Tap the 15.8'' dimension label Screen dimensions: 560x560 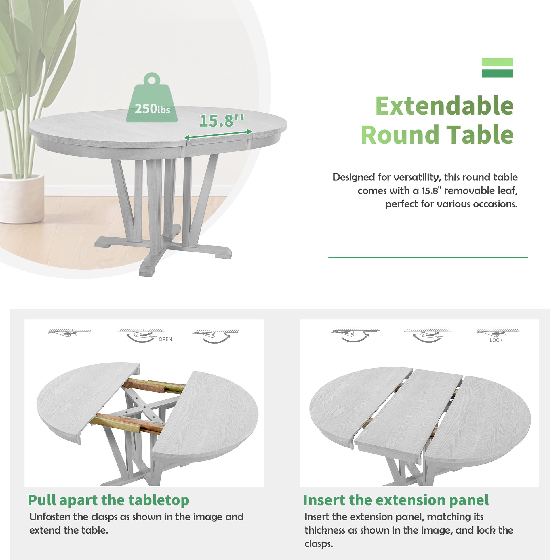(x=222, y=120)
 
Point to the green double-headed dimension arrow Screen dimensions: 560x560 (x=218, y=134)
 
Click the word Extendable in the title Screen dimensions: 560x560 (x=444, y=106)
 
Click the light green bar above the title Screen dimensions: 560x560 (x=497, y=62)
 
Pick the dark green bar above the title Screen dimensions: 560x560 (x=497, y=74)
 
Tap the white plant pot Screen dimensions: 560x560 (x=22, y=198)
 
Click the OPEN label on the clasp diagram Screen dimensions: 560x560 (x=165, y=339)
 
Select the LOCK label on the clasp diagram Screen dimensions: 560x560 (x=496, y=340)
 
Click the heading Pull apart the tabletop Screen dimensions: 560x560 (x=109, y=501)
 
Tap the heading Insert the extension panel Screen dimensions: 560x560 (x=396, y=501)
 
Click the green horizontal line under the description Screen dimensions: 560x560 (x=428, y=257)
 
